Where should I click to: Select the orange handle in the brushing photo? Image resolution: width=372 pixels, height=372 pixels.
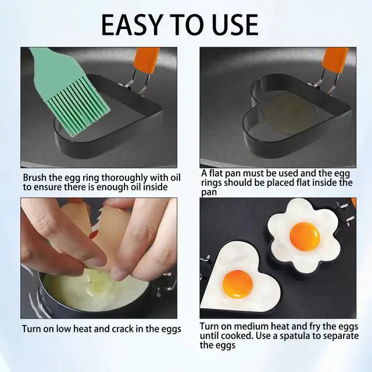146,60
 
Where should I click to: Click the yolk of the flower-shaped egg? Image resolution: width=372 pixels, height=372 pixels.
305,237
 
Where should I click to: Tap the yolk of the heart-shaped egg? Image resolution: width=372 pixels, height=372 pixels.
238,284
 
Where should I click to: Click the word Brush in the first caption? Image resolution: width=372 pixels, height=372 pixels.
35,177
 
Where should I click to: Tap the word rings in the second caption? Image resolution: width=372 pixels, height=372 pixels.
212,183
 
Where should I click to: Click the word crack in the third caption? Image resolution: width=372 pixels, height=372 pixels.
123,329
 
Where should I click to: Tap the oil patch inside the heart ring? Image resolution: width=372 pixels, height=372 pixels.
287,111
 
